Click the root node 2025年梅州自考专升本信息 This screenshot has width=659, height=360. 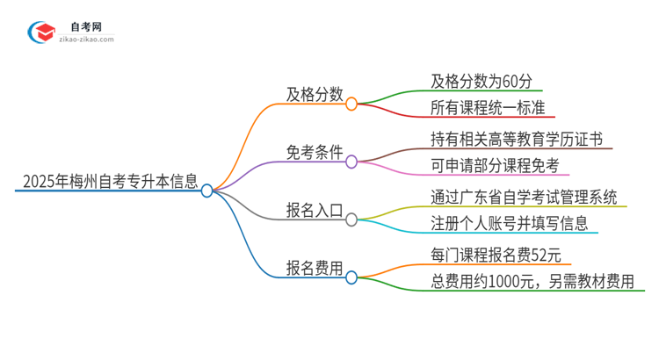coord(106,184)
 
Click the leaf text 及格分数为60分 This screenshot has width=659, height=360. coord(482,81)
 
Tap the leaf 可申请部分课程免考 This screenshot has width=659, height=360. coord(494,166)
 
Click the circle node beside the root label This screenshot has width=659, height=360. coord(207,190)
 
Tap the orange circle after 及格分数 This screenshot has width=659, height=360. coord(351,104)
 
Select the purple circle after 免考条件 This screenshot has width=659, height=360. coord(351,162)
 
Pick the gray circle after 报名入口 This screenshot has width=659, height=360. coord(351,220)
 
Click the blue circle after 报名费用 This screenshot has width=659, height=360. coord(351,277)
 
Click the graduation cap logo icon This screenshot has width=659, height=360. coord(41,32)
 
